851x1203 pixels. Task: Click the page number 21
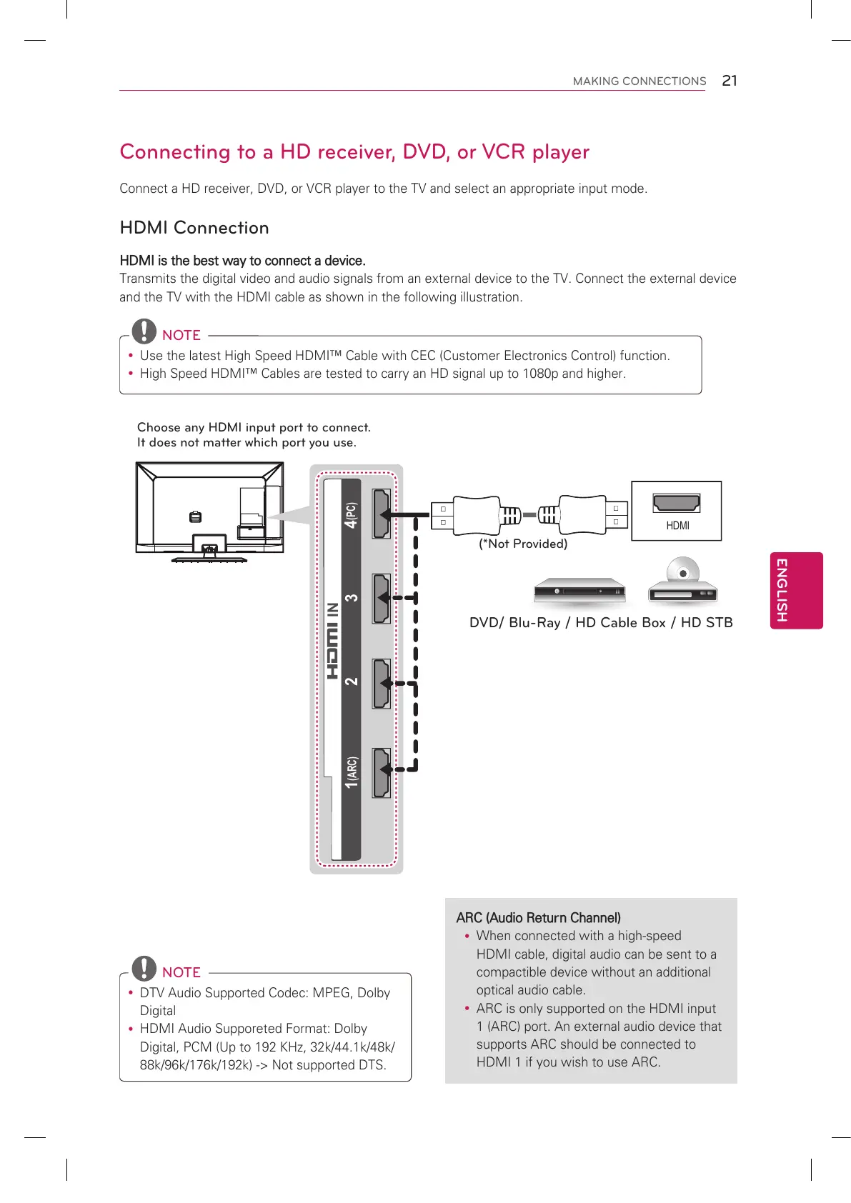coord(729,81)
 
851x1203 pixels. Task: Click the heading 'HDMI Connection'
coord(194,228)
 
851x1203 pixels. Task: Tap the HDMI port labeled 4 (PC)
coord(382,514)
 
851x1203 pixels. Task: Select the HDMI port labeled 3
coord(382,598)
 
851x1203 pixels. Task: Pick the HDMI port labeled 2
coord(382,683)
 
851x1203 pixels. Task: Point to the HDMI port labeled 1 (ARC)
coord(382,772)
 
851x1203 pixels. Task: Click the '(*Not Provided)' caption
coord(523,544)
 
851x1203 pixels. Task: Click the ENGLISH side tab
coord(796,590)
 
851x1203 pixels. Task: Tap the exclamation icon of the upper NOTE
coord(144,330)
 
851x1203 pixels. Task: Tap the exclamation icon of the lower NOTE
coord(144,967)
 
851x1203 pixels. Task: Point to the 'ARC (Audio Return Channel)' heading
coord(538,918)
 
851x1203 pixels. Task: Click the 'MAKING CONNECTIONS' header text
coord(640,81)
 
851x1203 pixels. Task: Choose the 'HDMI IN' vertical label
coord(333,640)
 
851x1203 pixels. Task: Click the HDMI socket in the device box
coord(676,503)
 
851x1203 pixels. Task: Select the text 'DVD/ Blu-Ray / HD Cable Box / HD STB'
coord(601,622)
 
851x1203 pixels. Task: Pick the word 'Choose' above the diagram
coord(159,427)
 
